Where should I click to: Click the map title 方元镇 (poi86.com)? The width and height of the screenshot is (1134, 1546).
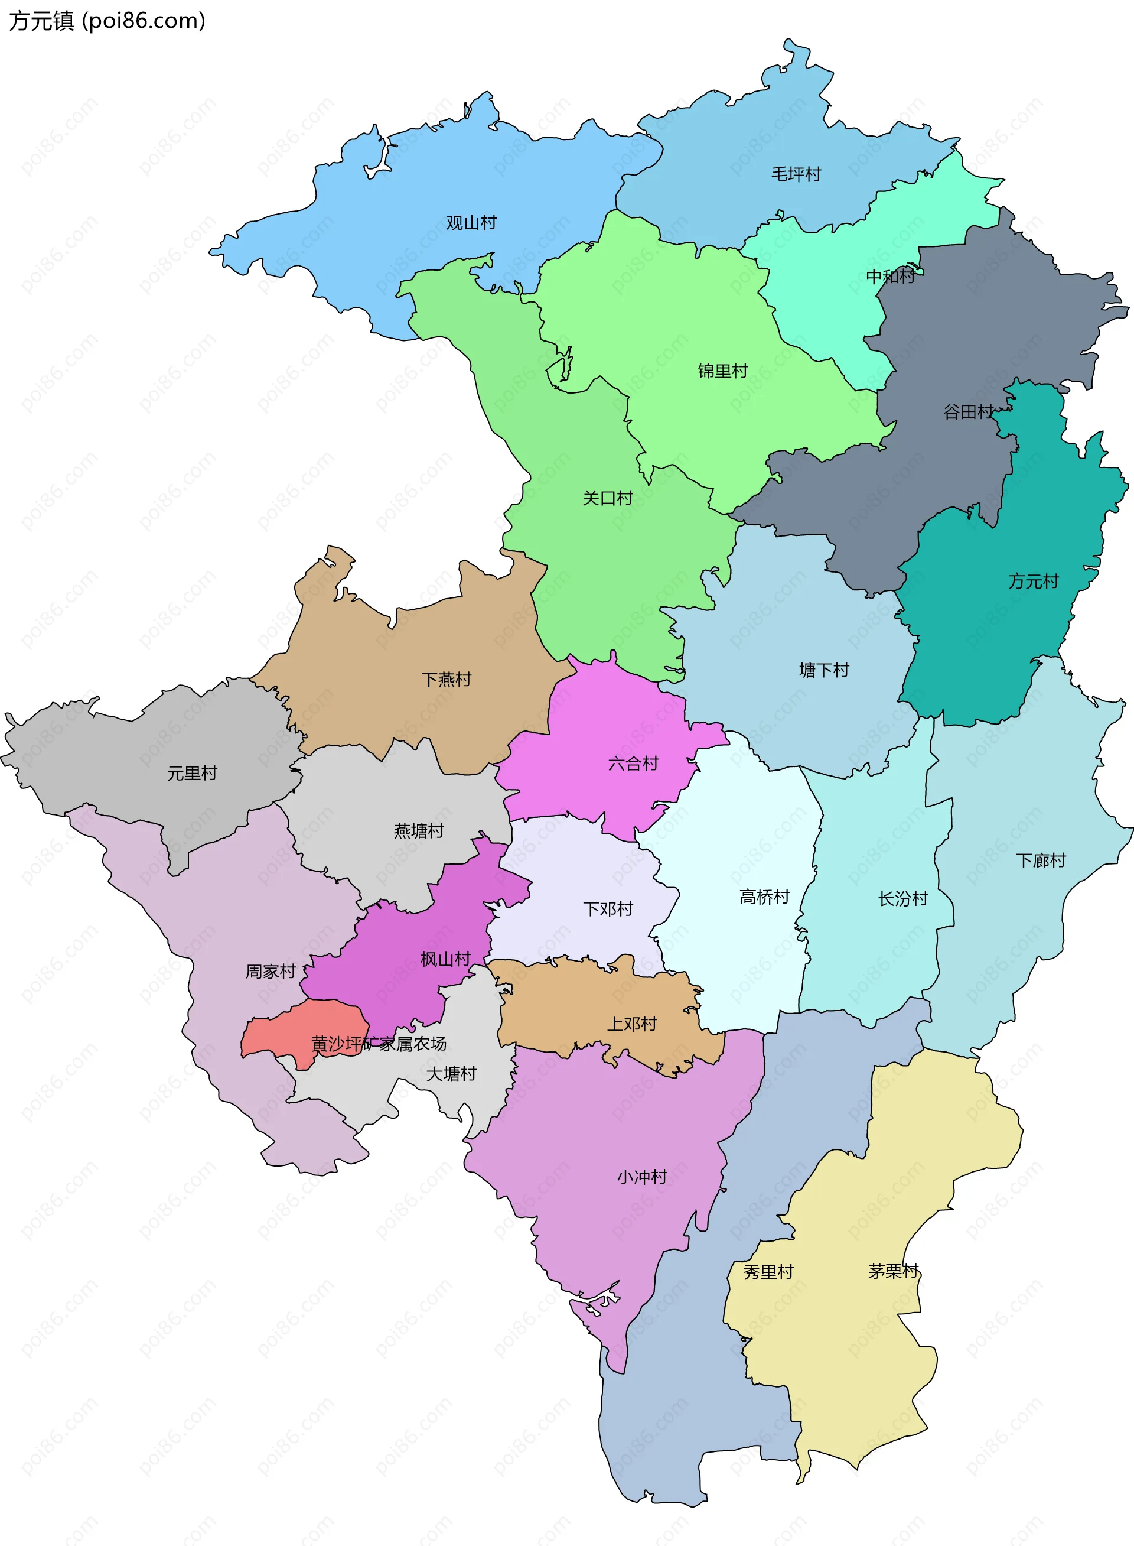coord(107,21)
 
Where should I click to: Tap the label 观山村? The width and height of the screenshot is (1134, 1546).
coord(471,223)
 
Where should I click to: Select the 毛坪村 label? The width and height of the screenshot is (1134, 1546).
coord(796,174)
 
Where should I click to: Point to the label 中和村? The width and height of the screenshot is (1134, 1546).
coord(890,276)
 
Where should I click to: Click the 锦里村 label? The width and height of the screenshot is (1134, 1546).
coord(723,371)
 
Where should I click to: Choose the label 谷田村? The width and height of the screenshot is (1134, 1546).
coord(968,411)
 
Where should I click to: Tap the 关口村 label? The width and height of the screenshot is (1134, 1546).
coord(608,498)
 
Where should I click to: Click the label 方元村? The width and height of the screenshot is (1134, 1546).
coord(1033,581)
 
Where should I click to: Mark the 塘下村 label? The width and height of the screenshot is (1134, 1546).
coord(824,670)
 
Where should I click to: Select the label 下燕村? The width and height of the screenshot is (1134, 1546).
coord(446,679)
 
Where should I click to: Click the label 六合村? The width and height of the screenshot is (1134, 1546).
coord(633,763)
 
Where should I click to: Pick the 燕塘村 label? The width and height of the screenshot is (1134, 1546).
coord(419,831)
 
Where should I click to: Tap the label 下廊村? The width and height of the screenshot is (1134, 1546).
coord(1041,860)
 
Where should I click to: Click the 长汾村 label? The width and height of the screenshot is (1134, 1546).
coord(902,898)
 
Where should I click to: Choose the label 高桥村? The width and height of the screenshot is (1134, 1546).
coord(764,897)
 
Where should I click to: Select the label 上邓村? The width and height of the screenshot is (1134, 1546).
coord(632,1024)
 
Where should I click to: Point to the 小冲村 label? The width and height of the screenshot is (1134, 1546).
coord(642,1177)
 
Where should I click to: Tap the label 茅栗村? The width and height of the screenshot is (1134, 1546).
coord(893,1271)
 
